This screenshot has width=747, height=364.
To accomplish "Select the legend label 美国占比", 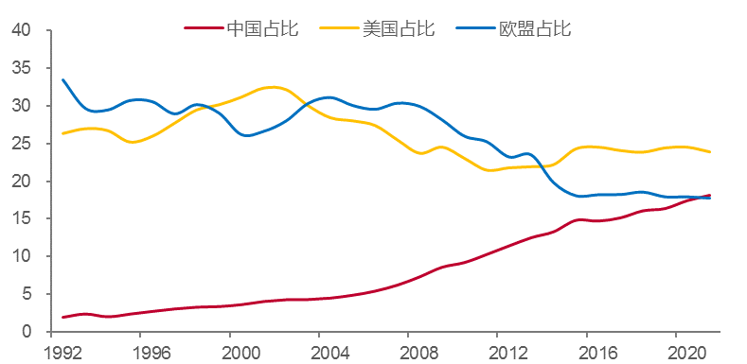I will (398, 28).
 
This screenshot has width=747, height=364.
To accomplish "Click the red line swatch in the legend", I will (204, 28).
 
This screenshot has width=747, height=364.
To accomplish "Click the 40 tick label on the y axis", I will (22, 31).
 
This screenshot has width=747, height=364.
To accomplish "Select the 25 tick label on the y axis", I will (22, 144).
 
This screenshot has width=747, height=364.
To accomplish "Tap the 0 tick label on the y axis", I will (27, 332).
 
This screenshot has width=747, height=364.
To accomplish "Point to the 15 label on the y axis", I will (22, 219).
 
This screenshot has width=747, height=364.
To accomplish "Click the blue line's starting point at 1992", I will (62, 79).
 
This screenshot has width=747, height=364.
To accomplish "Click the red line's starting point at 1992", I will (62, 317).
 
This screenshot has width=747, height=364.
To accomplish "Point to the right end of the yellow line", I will (710, 152).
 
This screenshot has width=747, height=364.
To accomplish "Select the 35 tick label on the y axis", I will (22, 69).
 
